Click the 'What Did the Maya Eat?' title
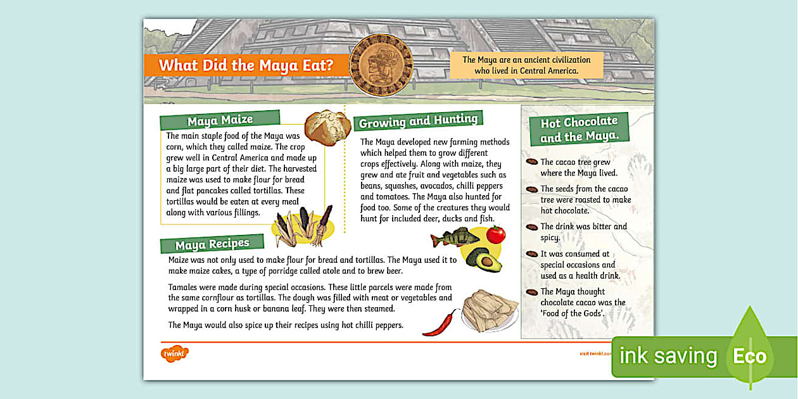[245, 65]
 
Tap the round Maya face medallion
[381, 65]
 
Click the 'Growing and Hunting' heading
[418, 120]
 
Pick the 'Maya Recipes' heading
[212, 244]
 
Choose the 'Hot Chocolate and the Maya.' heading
[579, 129]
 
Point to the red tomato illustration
[495, 234]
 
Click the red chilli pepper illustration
[441, 322]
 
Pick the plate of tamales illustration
[490, 311]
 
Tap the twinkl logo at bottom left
[174, 353]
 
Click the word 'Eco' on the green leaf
[749, 356]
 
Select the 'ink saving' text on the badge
[668, 356]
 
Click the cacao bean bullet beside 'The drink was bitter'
[532, 227]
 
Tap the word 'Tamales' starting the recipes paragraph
[184, 287]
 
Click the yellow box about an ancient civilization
[526, 65]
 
